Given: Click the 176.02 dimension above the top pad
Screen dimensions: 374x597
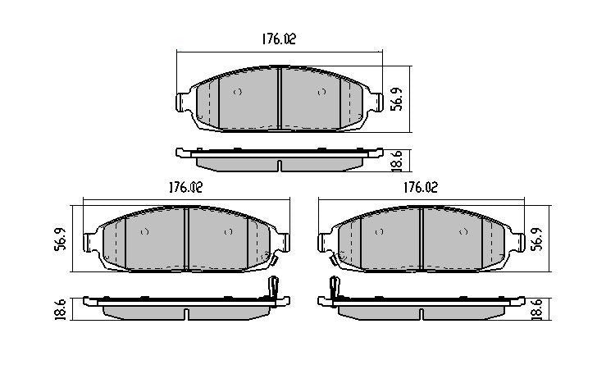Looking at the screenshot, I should pyautogui.click(x=278, y=39).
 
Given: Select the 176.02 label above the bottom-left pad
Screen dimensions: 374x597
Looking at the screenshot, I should pyautogui.click(x=185, y=186).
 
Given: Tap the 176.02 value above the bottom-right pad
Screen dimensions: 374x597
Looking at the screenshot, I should pyautogui.click(x=419, y=186).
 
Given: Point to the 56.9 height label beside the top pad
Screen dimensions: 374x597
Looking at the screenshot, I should pyautogui.click(x=396, y=98).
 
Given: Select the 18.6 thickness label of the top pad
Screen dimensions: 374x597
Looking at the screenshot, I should pyautogui.click(x=396, y=160).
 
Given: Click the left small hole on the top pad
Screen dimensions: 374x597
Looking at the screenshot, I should pyautogui.click(x=238, y=92).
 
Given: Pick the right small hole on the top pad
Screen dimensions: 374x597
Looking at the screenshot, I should pyautogui.click(x=320, y=92).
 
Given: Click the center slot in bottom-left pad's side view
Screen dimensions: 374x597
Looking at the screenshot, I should pyautogui.click(x=187, y=313).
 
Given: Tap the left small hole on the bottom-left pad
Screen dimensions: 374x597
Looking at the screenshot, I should pyautogui.click(x=144, y=233).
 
